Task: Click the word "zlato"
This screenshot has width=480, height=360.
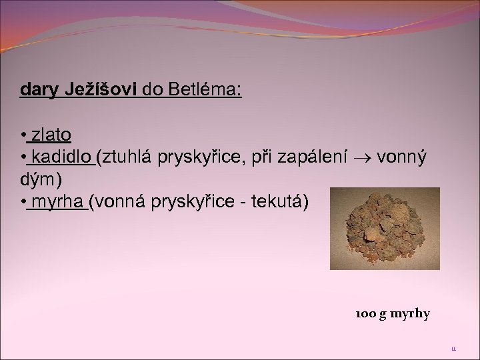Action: pos(51,135)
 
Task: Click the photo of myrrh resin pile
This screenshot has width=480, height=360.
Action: pos(384,228)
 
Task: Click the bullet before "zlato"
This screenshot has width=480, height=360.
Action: pos(23,136)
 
